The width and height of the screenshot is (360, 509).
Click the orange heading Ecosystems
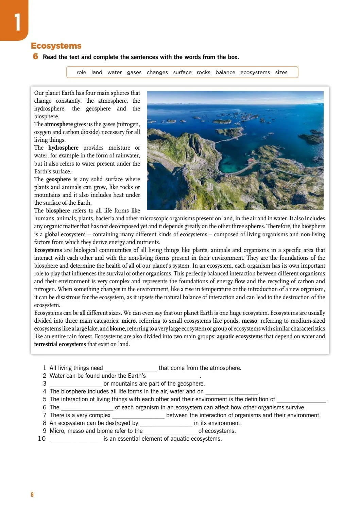(56, 46)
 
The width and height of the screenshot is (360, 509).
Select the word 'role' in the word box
(81, 72)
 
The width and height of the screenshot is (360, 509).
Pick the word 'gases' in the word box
(134, 72)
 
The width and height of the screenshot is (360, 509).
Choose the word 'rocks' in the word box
(203, 72)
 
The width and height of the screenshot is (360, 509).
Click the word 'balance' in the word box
(225, 72)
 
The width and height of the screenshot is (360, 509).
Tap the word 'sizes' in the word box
(281, 72)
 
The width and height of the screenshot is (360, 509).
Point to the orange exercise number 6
(36, 56)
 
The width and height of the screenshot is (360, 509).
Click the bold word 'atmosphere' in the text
(58, 124)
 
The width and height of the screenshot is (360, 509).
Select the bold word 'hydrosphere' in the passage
(63, 148)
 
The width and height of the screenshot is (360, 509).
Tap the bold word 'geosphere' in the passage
(58, 179)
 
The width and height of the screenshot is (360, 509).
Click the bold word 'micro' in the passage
(128, 321)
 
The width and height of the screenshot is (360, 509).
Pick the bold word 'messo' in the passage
(250, 321)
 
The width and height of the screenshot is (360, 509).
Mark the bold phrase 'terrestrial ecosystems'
(60, 344)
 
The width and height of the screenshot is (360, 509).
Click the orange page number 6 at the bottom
(32, 495)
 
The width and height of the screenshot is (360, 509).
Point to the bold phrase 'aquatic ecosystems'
(240, 336)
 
